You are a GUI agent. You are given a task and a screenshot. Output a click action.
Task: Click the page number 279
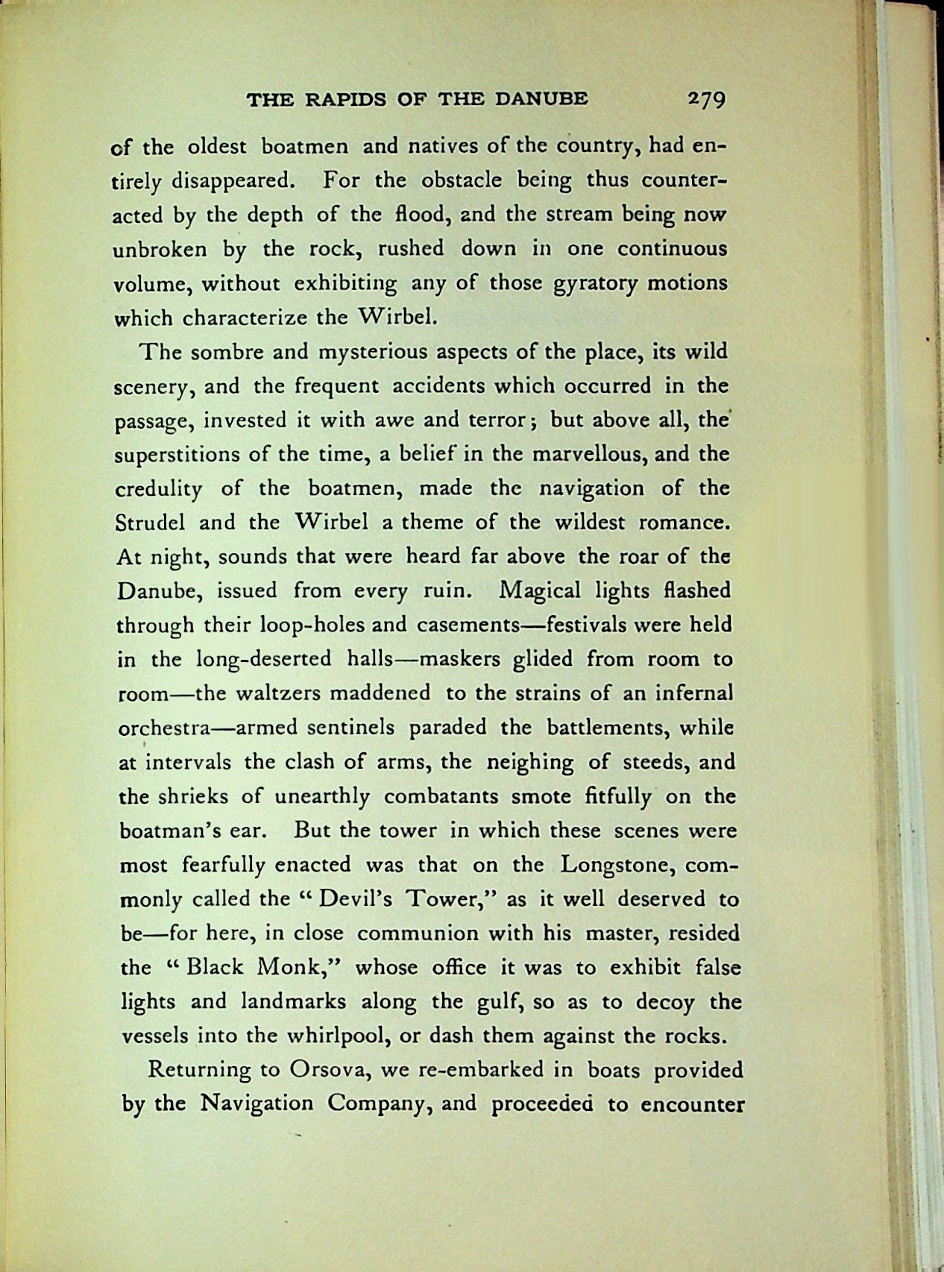(707, 100)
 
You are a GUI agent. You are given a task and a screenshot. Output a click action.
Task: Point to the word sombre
(221, 352)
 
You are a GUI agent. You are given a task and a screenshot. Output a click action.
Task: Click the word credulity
(159, 490)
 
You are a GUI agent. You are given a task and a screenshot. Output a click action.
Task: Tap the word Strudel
(152, 522)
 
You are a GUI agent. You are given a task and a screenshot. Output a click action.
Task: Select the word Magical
(541, 591)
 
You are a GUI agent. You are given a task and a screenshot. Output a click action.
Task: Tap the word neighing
(530, 762)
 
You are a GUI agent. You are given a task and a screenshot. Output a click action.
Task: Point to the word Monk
(298, 967)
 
